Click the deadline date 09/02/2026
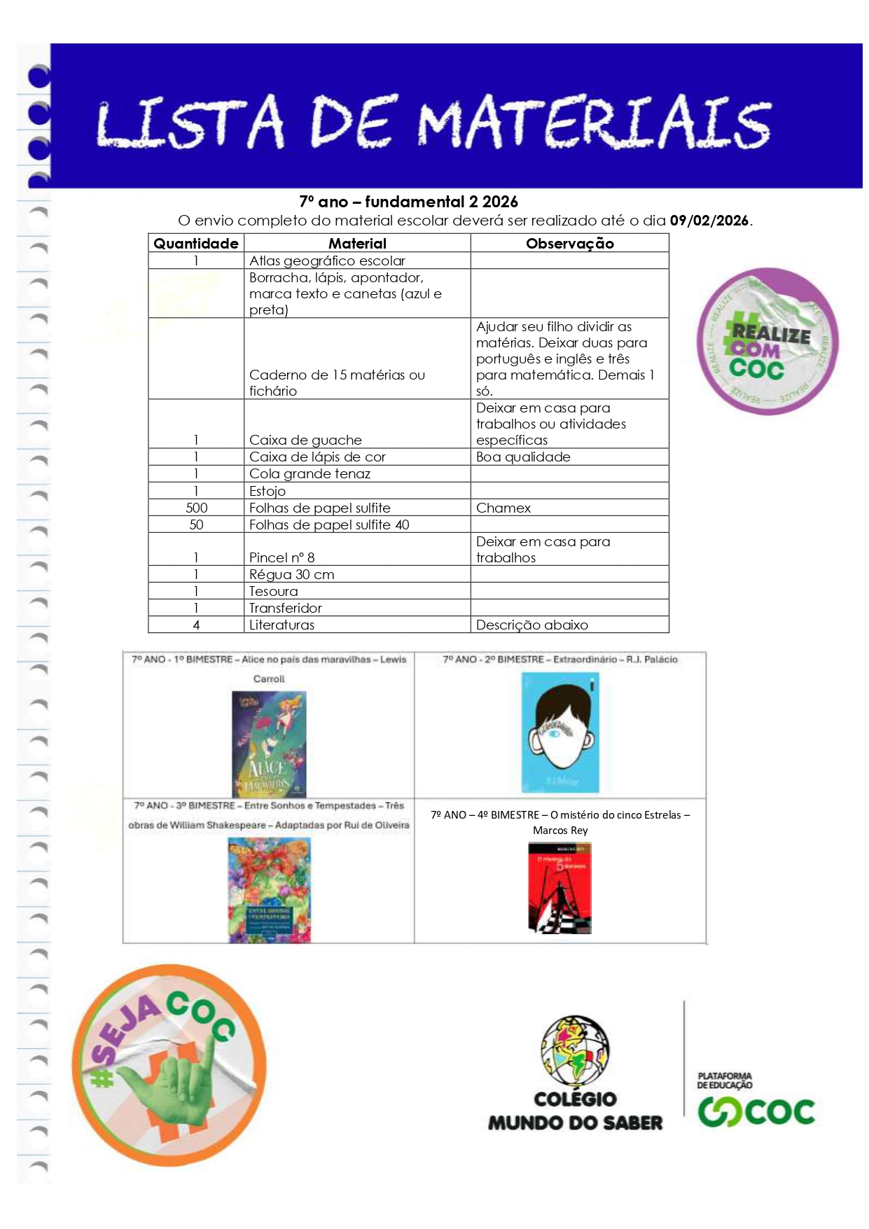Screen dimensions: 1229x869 [x=709, y=221]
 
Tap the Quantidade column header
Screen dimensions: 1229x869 [x=196, y=244]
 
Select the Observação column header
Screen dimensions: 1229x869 [x=569, y=244]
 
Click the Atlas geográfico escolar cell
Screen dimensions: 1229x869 [x=327, y=261]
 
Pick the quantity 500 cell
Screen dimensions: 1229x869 [x=196, y=508]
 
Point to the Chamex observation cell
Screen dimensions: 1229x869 [x=503, y=508]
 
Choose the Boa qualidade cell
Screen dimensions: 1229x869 [x=523, y=457]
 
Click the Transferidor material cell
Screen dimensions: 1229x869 [x=286, y=608]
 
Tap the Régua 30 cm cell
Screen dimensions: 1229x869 [x=291, y=574]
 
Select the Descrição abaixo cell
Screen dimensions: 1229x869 [x=531, y=625]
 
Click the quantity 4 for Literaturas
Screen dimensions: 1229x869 [x=196, y=625]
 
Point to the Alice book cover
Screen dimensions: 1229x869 [x=269, y=743]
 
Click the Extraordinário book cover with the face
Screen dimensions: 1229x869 [x=560, y=732]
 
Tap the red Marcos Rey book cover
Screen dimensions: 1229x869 [x=559, y=887]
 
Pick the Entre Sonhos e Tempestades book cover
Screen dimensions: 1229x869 [x=269, y=889]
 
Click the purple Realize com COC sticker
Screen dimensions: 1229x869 [x=767, y=341]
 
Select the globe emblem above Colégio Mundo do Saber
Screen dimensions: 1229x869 [x=575, y=1050]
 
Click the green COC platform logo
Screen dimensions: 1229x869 [x=756, y=1111]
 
